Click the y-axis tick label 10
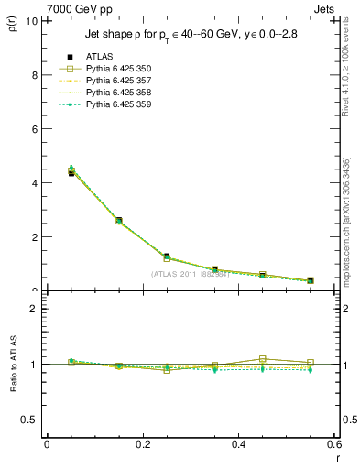(x=31, y=20)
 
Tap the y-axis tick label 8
(x=34, y=74)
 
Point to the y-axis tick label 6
(x=34, y=128)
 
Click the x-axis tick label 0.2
(x=142, y=444)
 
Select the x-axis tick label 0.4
(x=238, y=444)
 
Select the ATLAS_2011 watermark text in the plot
(x=190, y=274)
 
